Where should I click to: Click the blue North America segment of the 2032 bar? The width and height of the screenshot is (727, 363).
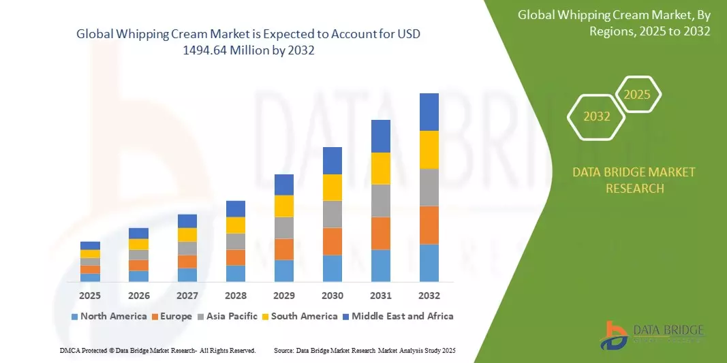pyautogui.click(x=429, y=263)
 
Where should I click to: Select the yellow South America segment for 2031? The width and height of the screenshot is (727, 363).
pyautogui.click(x=380, y=168)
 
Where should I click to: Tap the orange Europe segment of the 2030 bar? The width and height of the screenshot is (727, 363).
pyautogui.click(x=332, y=241)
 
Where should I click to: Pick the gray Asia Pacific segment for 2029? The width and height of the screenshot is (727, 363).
pyautogui.click(x=283, y=227)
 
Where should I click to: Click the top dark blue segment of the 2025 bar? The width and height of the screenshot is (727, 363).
pyautogui.click(x=90, y=245)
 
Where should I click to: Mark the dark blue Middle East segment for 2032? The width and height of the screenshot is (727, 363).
pyautogui.click(x=429, y=112)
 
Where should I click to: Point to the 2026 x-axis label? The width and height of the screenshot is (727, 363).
pyautogui.click(x=138, y=296)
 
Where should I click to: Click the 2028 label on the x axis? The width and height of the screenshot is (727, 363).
pyautogui.click(x=235, y=296)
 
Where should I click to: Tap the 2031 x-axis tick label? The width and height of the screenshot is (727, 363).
pyautogui.click(x=380, y=296)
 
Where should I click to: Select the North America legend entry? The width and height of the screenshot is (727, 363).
pyautogui.click(x=108, y=316)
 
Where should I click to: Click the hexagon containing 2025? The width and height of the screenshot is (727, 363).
pyautogui.click(x=638, y=95)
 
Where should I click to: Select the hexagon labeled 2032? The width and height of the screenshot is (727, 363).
pyautogui.click(x=597, y=116)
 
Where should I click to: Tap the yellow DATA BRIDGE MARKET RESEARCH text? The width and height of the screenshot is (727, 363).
pyautogui.click(x=634, y=180)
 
